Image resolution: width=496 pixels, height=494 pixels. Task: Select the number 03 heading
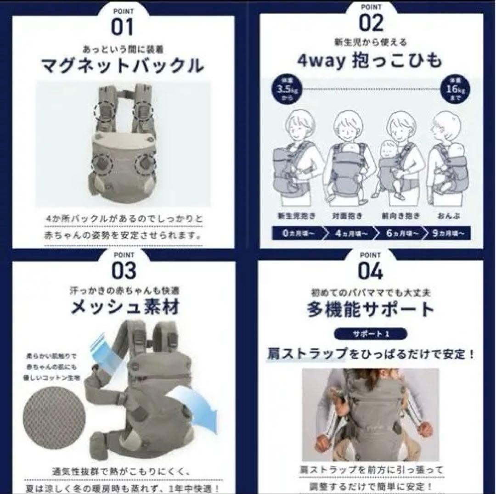point(123,271)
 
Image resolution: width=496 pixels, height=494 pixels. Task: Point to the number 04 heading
point(371,271)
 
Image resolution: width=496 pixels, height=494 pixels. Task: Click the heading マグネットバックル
point(123,66)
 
